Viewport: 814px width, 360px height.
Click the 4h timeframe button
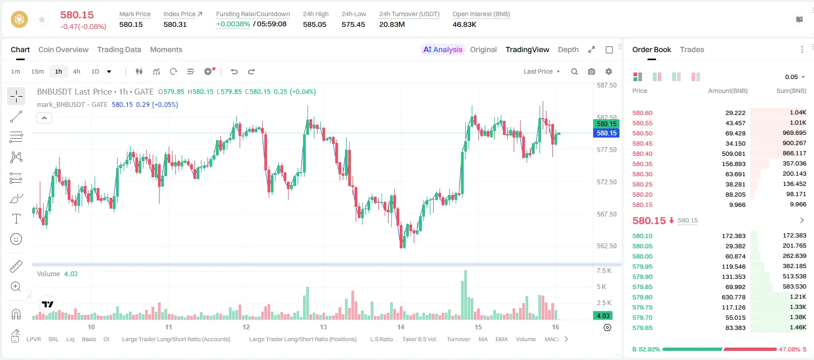76,71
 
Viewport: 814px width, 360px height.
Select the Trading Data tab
119,49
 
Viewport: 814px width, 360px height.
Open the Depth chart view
568,49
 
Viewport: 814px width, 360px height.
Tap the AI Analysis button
443,49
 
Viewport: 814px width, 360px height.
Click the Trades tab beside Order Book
691,49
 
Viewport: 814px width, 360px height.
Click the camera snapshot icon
592,71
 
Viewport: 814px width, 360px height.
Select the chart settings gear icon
609,71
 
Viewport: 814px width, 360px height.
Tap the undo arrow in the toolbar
234,71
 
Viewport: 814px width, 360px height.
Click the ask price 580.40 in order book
642,154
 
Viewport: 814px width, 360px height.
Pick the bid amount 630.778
733,297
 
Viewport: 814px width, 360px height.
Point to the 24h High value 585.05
315,24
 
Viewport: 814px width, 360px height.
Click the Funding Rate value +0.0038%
233,24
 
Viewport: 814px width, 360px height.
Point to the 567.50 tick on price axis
607,214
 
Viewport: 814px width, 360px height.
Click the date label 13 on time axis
323,327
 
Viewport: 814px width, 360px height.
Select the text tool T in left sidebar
16,219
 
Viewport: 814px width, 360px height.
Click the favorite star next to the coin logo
42,19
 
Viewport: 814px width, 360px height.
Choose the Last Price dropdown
542,71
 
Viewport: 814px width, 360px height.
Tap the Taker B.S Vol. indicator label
419,339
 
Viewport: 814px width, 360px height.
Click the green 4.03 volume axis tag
603,316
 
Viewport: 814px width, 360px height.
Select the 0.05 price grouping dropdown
795,77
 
